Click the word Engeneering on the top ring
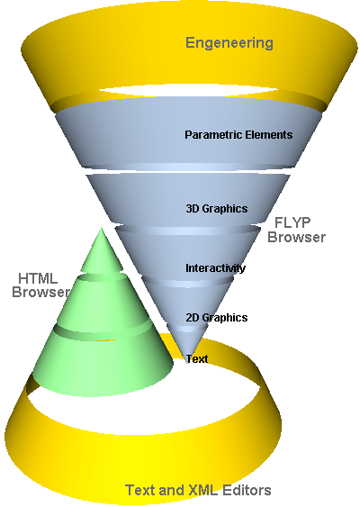[229, 43]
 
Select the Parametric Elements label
[238, 134]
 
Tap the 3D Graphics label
[217, 209]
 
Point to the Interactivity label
[215, 268]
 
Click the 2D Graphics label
[217, 318]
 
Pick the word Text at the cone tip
[197, 359]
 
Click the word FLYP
[292, 222]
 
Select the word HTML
[38, 278]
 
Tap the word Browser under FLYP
[296, 237]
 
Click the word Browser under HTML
[40, 292]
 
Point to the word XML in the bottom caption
[202, 490]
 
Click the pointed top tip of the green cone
[101, 228]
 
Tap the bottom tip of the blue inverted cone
[187, 363]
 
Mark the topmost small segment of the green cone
[102, 252]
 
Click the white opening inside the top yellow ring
[188, 90]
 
